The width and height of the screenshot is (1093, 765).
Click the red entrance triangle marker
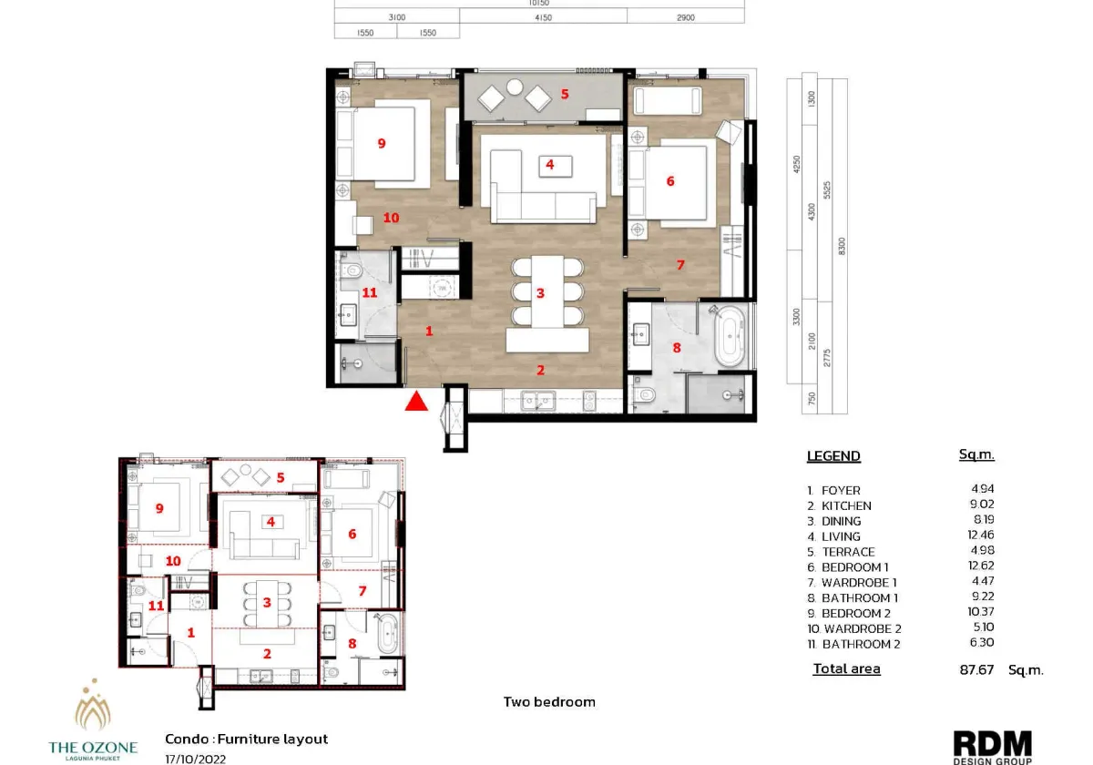point(416,401)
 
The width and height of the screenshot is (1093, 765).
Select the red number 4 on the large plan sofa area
point(549,165)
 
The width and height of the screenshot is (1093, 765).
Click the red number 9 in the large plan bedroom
point(382,143)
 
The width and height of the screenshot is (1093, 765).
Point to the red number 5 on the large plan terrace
point(565,94)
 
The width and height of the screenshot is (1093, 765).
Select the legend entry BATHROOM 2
point(855,644)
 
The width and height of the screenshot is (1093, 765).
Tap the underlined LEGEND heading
point(833,456)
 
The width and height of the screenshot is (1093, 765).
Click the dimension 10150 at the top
point(539,3)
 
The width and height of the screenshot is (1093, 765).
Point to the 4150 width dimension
point(543,17)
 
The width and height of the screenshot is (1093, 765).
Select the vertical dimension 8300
point(841,246)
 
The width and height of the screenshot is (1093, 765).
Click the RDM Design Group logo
point(992,746)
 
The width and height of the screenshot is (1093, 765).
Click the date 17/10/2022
point(195,758)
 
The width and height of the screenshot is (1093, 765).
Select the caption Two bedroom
point(549,702)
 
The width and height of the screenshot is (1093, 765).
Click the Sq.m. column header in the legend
point(976,454)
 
